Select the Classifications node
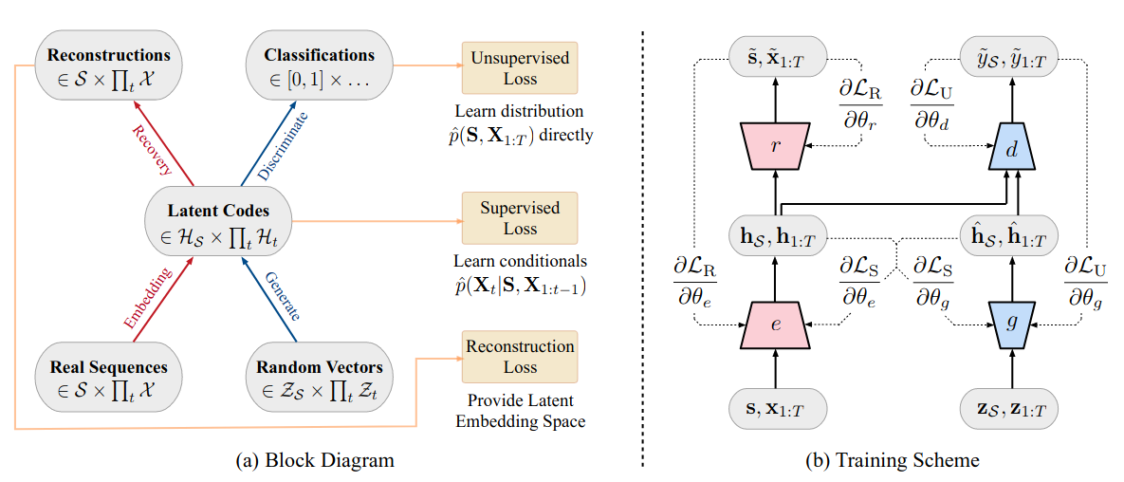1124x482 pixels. click(x=320, y=65)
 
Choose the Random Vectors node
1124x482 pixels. click(x=320, y=378)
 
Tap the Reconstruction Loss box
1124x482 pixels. click(x=519, y=357)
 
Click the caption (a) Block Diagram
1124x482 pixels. click(x=314, y=460)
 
